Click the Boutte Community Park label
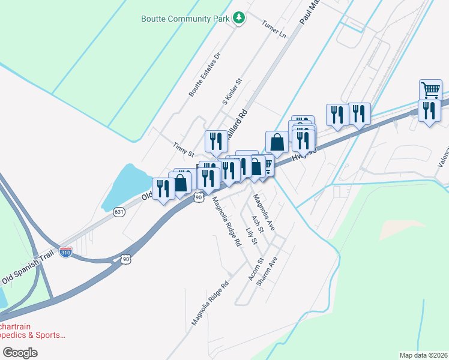coord(185,19)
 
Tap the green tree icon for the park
coord(239,18)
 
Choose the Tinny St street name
coord(183,149)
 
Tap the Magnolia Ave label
coord(263,207)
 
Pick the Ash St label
coord(258,224)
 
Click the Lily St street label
coord(251,236)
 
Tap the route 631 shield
coord(119,211)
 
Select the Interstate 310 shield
coord(66,253)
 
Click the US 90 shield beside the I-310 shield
coord(125,259)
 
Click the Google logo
coord(19,353)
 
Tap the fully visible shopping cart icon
coord(430,90)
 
